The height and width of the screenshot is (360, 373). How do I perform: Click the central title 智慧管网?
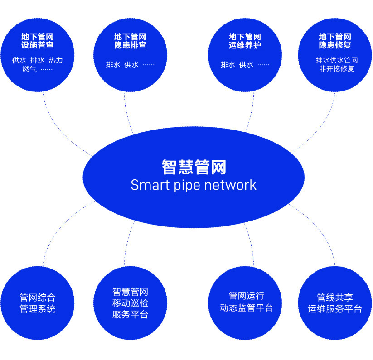click(x=194, y=167)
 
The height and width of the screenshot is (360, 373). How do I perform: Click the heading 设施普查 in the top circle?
click(x=37, y=45)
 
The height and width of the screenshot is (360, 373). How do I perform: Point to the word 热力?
click(x=55, y=60)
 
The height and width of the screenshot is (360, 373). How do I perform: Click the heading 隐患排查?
click(x=131, y=45)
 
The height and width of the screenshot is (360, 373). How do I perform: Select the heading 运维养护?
click(x=245, y=45)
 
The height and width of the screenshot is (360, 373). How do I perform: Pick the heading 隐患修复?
click(x=335, y=45)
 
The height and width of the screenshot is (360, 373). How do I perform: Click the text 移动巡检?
click(x=131, y=303)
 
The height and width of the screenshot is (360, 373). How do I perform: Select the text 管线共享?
click(x=335, y=298)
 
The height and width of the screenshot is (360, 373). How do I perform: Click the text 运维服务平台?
click(x=335, y=309)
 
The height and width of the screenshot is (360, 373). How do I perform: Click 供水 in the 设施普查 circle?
click(x=19, y=60)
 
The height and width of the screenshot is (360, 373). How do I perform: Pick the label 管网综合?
click(x=38, y=298)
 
